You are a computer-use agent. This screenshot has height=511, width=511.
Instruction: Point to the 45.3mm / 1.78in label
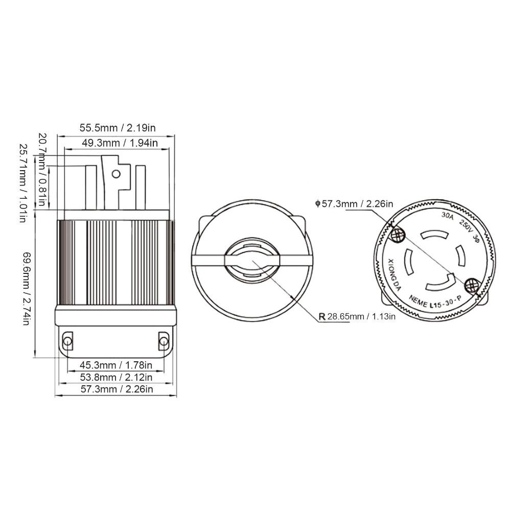(116, 365)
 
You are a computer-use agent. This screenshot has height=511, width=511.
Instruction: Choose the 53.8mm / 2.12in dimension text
(116, 377)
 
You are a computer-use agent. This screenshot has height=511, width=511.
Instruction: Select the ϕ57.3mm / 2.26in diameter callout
(354, 204)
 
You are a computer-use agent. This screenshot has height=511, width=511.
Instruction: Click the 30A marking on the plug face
(447, 216)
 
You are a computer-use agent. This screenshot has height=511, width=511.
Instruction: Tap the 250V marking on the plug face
(466, 225)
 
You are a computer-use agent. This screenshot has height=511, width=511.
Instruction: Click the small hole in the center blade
(116, 174)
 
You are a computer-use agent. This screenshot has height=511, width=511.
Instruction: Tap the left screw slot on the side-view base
(67, 341)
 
